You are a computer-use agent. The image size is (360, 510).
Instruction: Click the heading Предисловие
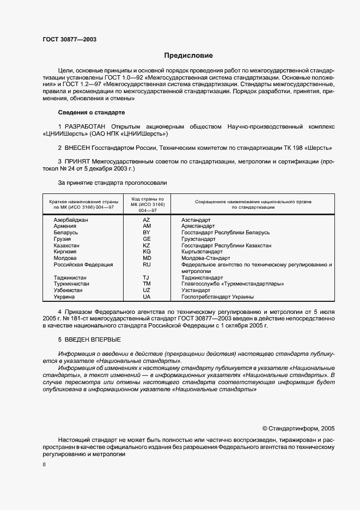click(188, 56)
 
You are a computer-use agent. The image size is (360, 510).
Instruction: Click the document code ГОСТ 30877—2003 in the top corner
click(70, 39)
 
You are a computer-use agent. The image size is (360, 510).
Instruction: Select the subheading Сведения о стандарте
click(91, 112)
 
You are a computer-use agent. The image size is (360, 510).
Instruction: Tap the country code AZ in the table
click(147, 220)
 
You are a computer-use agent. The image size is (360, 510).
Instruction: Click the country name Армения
click(65, 226)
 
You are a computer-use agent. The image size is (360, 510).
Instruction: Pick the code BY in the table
click(147, 233)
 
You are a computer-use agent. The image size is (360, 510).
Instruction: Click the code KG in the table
click(147, 252)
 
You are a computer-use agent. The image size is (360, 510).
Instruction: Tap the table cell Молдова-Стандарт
click(206, 258)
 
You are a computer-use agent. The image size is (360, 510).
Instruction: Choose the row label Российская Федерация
click(83, 265)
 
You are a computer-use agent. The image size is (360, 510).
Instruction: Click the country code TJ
click(147, 277)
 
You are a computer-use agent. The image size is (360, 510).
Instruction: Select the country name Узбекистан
click(68, 290)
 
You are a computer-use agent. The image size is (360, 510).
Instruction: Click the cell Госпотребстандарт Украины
click(218, 297)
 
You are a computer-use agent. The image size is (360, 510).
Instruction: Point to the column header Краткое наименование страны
click(81, 202)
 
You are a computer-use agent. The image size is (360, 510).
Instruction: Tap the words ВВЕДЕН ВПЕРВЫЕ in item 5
click(86, 340)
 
